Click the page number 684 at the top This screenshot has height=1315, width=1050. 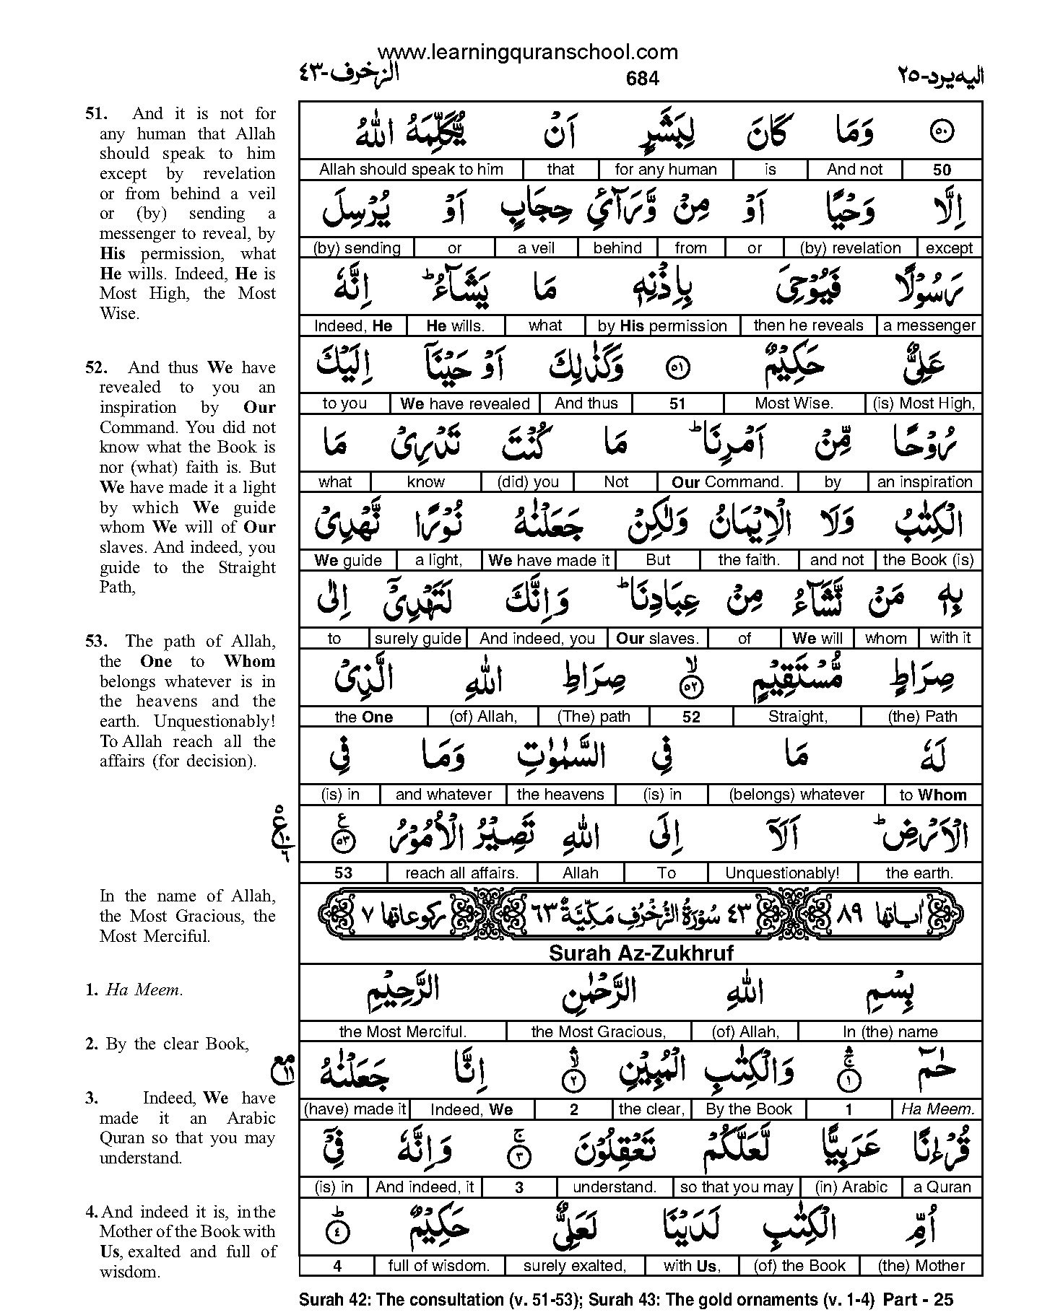click(642, 78)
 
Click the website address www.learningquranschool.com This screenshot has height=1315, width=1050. click(528, 52)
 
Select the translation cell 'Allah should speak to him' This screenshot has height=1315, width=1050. click(411, 170)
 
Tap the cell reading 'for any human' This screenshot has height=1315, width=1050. click(665, 170)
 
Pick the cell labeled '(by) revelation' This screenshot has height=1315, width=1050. click(850, 248)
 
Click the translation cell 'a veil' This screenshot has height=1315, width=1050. click(537, 248)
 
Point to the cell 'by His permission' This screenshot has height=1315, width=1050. click(662, 326)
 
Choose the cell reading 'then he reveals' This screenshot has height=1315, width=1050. click(808, 326)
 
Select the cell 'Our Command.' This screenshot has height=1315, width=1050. click(727, 482)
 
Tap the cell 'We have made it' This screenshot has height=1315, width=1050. click(549, 560)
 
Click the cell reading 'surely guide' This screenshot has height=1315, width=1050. click(417, 638)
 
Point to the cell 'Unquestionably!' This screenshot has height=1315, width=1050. click(782, 873)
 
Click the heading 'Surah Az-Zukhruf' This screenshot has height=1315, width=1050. click(641, 953)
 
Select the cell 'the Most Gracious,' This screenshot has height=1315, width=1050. click(598, 1031)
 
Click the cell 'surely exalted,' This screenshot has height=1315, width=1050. click(574, 1265)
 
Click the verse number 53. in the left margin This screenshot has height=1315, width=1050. click(96, 641)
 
